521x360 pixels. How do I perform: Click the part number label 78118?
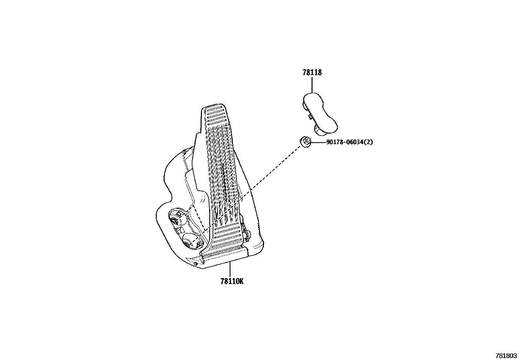pyautogui.click(x=312, y=73)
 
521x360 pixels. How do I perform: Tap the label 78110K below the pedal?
pyautogui.click(x=232, y=281)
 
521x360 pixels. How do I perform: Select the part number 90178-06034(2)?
pyautogui.click(x=349, y=142)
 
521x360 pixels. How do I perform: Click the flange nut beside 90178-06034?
pyautogui.click(x=305, y=142)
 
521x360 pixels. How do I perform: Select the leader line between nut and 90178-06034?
pyautogui.click(x=317, y=142)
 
